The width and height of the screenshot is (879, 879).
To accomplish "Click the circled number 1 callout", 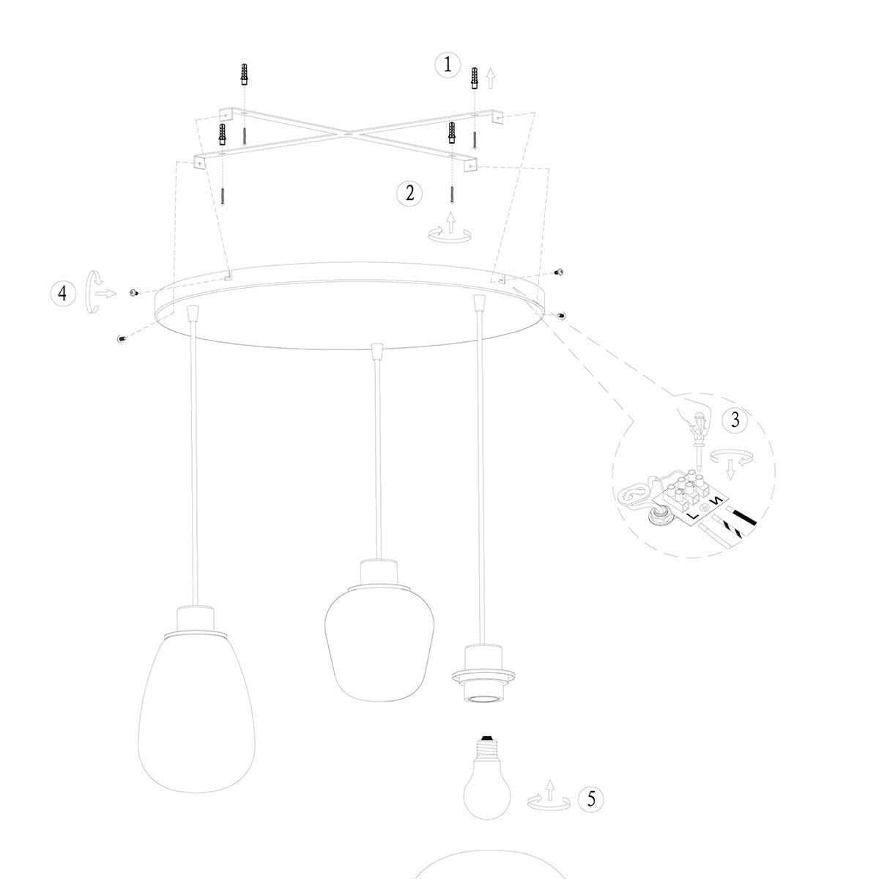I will pos(448,65).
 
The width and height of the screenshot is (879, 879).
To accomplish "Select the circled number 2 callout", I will pos(409,193).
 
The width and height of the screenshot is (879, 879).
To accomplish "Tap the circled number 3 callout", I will pos(735,420).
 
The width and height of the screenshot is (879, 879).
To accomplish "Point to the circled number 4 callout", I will pos(63,293).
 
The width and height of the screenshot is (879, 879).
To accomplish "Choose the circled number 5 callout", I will pos(591,798).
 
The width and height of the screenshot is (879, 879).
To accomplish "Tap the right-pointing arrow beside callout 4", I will pos(105,293).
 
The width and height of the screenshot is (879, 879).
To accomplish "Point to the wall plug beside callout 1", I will pos(475,77).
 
